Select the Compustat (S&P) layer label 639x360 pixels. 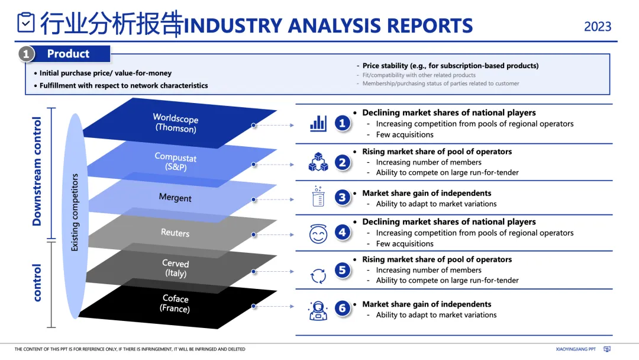(x=175, y=162)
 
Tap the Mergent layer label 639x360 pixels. (x=175, y=198)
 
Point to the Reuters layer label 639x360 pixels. (x=175, y=233)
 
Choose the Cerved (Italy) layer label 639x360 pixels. (x=175, y=268)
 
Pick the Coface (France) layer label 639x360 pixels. (x=175, y=304)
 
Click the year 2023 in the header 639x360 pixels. (x=598, y=27)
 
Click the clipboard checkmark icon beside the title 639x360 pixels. (x=26, y=22)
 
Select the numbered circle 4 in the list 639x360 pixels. (x=343, y=233)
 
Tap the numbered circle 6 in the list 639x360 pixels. (x=343, y=308)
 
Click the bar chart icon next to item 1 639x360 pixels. (x=318, y=123)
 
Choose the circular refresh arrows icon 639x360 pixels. (x=318, y=275)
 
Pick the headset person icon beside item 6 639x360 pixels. (x=318, y=310)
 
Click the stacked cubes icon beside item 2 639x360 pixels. (x=318, y=162)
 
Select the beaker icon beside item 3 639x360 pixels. (x=318, y=197)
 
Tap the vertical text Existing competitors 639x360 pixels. (x=75, y=212)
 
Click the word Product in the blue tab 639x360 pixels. (x=68, y=54)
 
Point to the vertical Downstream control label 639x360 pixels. (x=37, y=172)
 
